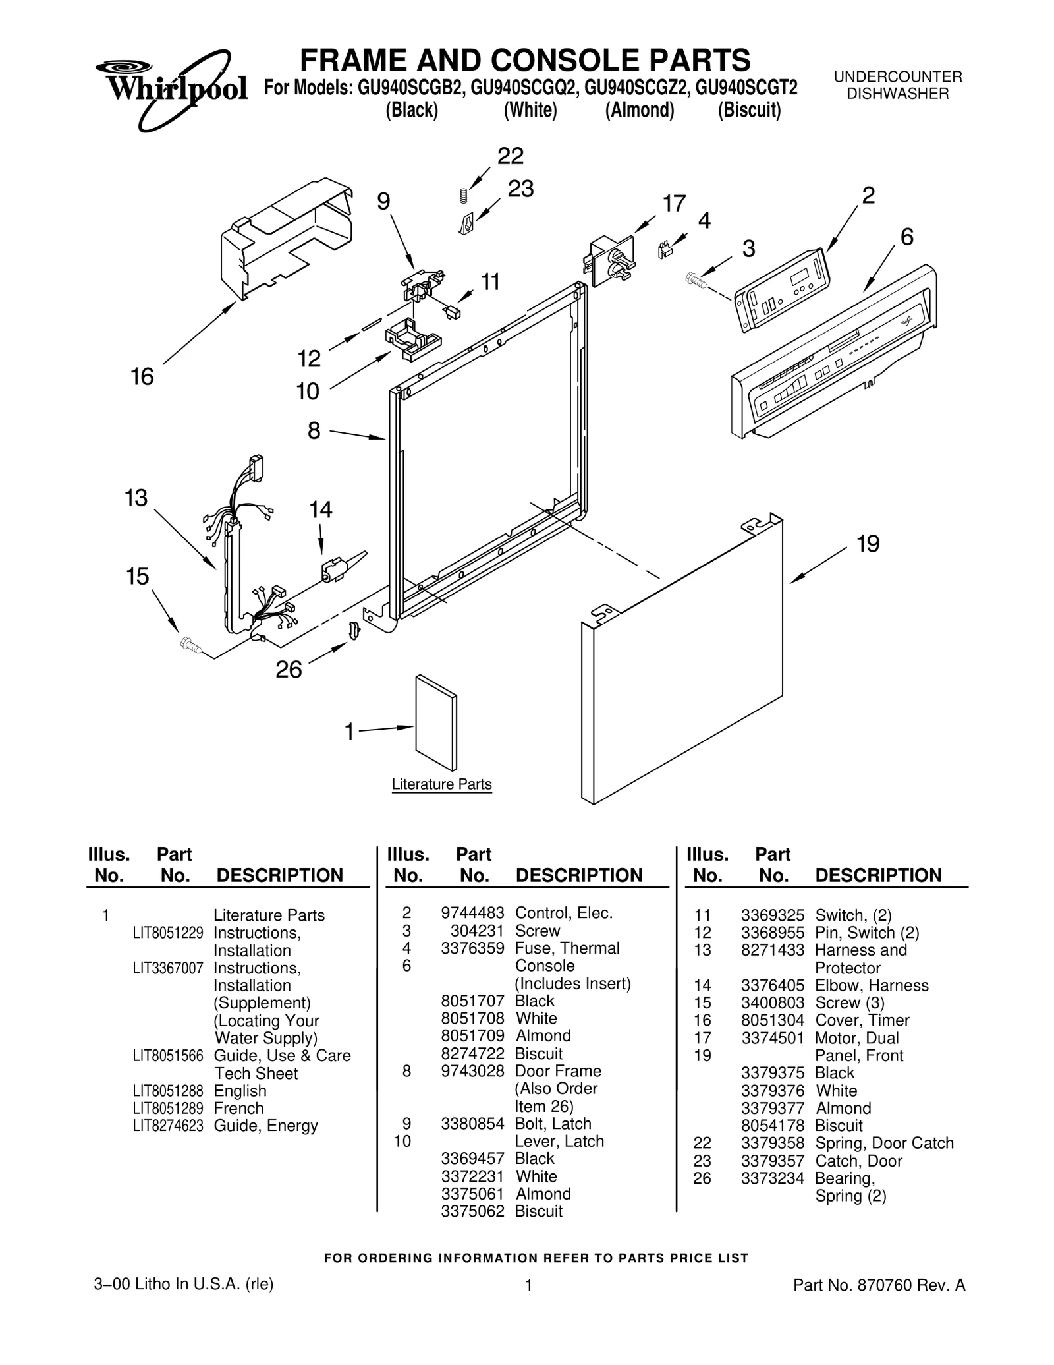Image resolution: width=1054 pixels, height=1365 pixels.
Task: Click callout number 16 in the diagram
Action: (x=142, y=377)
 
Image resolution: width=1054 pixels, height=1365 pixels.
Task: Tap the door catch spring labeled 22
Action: (x=463, y=195)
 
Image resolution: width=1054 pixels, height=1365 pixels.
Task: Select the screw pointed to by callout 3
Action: (x=696, y=280)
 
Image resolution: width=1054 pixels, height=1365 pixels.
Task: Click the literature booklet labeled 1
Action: (x=435, y=722)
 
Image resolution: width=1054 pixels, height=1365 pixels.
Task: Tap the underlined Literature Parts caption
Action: (x=441, y=784)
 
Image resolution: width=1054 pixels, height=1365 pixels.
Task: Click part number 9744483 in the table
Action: (x=472, y=913)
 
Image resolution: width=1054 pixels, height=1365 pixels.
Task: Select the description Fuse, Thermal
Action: (x=567, y=948)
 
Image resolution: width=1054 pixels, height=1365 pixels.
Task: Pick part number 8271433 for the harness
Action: (x=772, y=950)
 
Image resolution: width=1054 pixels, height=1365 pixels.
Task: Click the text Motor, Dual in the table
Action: (x=856, y=1038)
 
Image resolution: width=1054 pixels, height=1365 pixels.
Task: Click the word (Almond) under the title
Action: (x=639, y=110)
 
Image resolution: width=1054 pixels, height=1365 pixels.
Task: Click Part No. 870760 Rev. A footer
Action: (x=879, y=1285)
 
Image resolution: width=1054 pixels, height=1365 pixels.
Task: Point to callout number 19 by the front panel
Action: (x=868, y=544)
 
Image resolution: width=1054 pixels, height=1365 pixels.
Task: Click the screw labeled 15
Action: (x=190, y=645)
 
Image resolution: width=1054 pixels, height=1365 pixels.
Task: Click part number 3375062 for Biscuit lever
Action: (x=472, y=1211)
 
